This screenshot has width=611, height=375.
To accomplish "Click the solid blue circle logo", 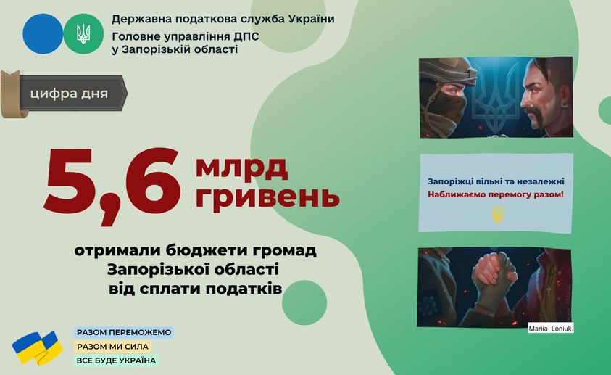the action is tap(43, 33).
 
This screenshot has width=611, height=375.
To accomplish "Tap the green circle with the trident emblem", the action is tap(83, 33).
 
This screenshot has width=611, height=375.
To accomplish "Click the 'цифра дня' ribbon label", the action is tap(69, 94).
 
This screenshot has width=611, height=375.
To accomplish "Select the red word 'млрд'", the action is tap(241, 168).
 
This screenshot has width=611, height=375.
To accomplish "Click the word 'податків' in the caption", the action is tap(244, 289).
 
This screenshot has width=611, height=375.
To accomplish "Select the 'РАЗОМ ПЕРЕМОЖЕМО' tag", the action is tap(124, 332).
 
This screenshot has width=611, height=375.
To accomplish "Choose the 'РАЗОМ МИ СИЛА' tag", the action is tap(112, 347).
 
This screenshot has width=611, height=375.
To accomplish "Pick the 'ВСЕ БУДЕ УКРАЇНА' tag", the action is tap(116, 360).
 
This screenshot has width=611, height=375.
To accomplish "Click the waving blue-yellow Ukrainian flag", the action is tap(38, 347).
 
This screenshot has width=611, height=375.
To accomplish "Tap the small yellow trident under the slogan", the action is tap(497, 214).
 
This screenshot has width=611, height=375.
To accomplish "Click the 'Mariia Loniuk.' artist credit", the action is tap(551, 329).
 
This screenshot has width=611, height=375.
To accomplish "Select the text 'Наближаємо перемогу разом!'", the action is tap(496, 194).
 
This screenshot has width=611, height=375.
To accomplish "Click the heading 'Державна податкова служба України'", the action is tap(223, 19).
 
